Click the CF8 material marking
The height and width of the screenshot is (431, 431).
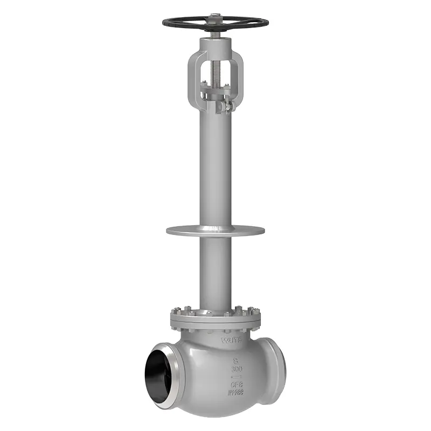tap(236, 385)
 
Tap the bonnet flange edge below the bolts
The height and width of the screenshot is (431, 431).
tap(215, 324)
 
